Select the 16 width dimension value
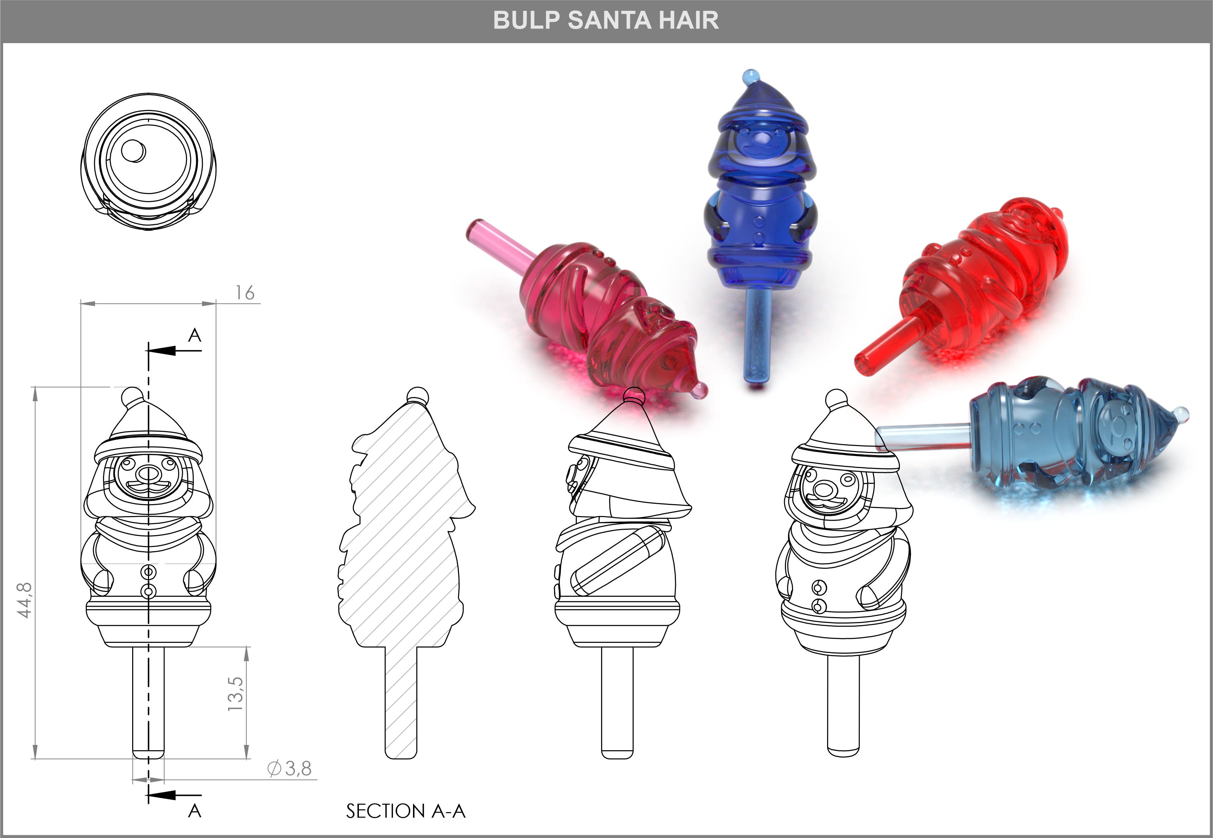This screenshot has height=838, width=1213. pyautogui.click(x=244, y=292)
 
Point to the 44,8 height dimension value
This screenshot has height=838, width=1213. pyautogui.click(x=25, y=600)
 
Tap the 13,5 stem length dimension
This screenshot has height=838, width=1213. pyautogui.click(x=235, y=694)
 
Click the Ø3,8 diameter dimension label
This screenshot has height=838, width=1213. pyautogui.click(x=290, y=769)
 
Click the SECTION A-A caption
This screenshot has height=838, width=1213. pyautogui.click(x=405, y=811)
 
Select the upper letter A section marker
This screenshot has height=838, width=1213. pyautogui.click(x=194, y=335)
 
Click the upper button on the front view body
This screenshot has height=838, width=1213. pyautogui.click(x=149, y=571)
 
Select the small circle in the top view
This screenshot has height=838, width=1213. pyautogui.click(x=133, y=151)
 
